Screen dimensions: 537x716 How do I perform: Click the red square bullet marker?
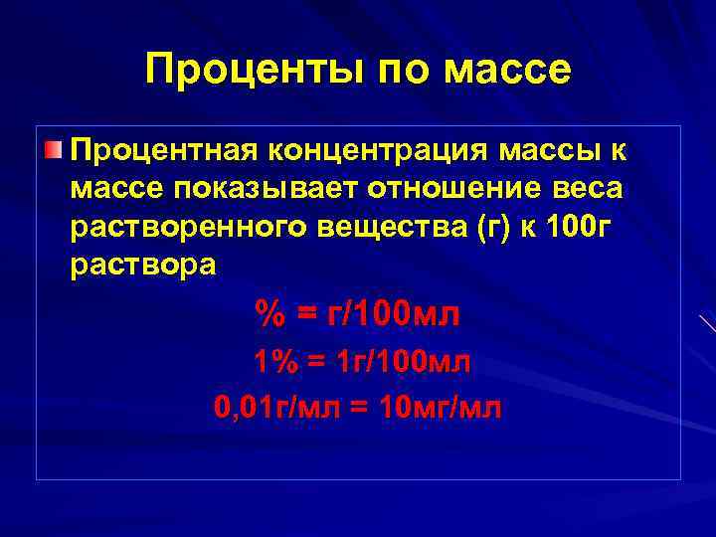pos(53,150)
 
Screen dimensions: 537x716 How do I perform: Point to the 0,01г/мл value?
pos(275,408)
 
